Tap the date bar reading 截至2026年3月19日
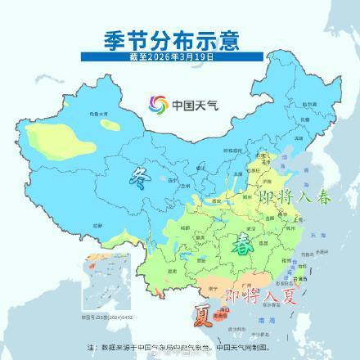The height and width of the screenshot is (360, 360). coord(179,58)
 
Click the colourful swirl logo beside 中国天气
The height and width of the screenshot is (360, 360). coord(156,104)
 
